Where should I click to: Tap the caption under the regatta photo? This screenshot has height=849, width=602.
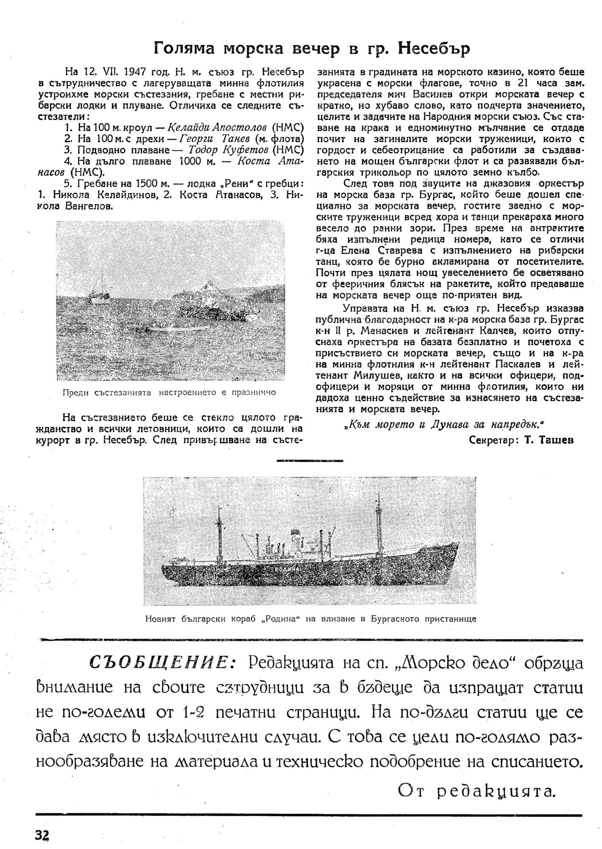tap(169, 392)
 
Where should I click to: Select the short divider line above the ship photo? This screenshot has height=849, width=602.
tap(309, 460)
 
